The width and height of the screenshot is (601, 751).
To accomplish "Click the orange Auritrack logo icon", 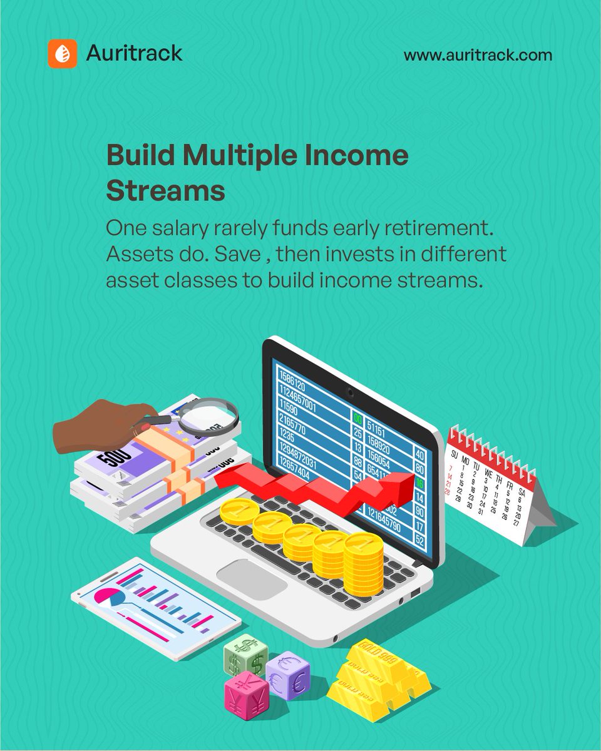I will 63,54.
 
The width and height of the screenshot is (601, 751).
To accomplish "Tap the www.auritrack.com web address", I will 478,55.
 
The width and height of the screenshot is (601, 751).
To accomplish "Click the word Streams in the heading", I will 165,191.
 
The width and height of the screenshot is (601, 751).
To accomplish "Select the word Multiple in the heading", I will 239,156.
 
